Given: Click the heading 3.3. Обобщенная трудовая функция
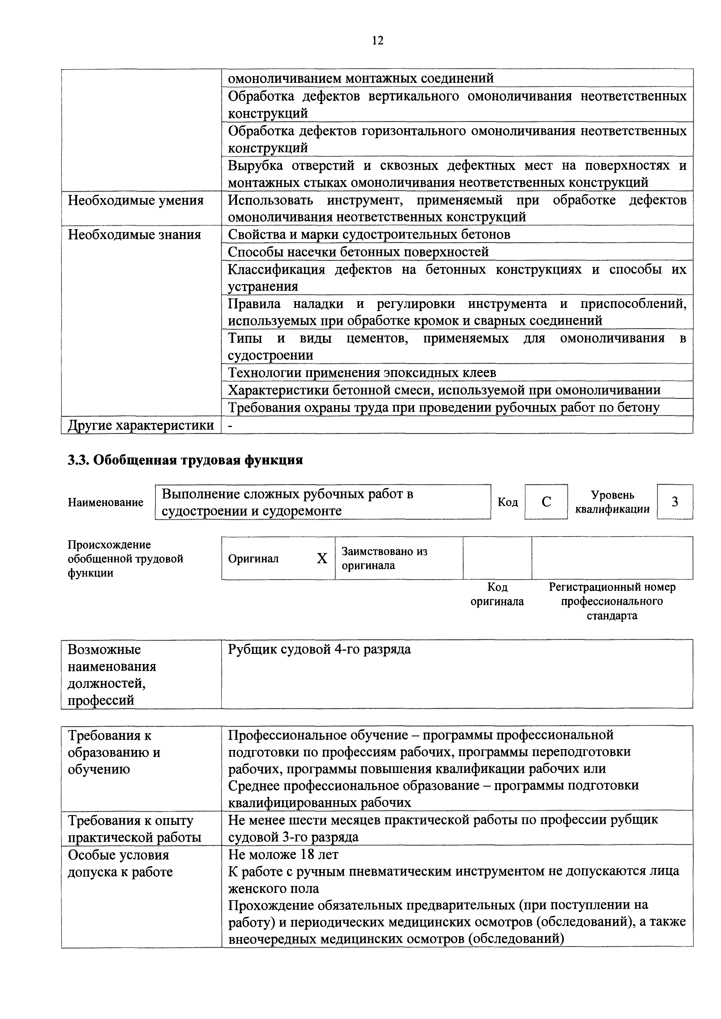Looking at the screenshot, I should point(185,460).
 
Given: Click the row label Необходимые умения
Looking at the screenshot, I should point(135,201).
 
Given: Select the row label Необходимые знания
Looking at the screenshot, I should point(134,234).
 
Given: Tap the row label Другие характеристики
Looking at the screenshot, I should point(140,425).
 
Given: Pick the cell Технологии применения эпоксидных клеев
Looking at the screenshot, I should point(362,372).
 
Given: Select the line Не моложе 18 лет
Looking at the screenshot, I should point(283,854).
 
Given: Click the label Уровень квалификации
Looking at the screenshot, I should point(612,502).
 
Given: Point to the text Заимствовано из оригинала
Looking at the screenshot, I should point(384,558).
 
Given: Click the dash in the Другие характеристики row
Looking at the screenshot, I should point(230,426).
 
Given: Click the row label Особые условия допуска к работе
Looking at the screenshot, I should point(120,863).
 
